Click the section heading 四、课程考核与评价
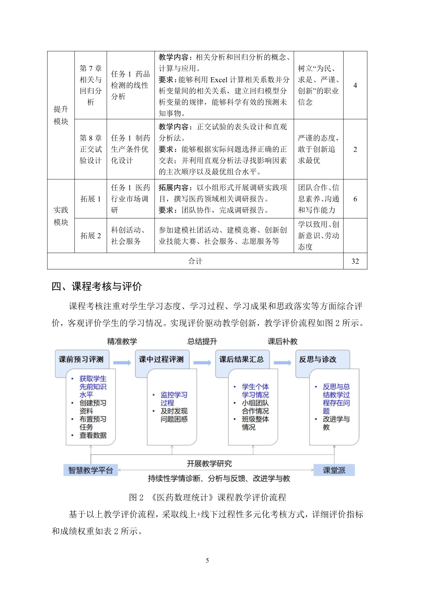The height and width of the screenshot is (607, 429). click(97, 286)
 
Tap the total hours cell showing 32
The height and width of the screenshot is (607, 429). click(355, 261)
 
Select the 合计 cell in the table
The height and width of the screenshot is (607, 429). click(195, 261)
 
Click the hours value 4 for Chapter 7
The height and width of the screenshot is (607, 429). click(355, 85)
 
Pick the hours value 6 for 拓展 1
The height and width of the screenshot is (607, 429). click(355, 199)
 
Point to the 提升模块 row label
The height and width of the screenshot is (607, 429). click(61, 115)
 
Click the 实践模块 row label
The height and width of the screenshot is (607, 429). click(61, 216)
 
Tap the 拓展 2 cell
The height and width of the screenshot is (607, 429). click(91, 235)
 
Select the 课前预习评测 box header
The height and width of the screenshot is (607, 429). click(81, 359)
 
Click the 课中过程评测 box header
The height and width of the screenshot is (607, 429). click(161, 359)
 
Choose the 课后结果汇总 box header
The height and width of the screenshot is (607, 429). click(241, 359)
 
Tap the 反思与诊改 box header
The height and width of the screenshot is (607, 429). click(318, 359)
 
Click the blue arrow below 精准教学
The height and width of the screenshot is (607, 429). click(122, 363)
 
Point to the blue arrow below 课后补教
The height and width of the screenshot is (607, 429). click(283, 363)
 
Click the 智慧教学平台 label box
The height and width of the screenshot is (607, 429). click(91, 470)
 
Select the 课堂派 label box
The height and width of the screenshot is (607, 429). click(334, 470)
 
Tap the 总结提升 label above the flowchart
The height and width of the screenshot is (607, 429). click(202, 341)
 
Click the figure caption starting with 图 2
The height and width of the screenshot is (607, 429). click(208, 497)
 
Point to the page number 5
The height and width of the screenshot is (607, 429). click(207, 560)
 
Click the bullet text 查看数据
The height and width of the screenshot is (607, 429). click(93, 435)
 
